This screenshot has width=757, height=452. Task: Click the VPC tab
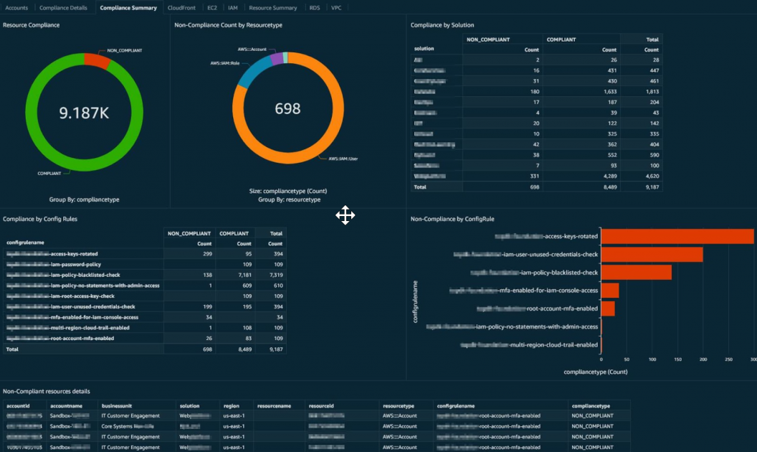click(335, 7)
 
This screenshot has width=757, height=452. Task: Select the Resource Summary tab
click(272, 7)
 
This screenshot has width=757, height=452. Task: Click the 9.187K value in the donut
click(83, 113)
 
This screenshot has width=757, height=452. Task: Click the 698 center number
click(287, 109)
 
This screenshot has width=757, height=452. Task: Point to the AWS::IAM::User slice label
click(343, 158)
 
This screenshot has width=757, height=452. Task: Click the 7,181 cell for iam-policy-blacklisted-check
click(242, 275)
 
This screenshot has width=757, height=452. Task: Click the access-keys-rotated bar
click(677, 236)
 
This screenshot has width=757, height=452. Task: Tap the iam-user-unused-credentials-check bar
click(652, 254)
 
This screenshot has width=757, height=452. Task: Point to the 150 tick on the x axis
click(677, 360)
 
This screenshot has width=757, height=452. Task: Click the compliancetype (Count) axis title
click(596, 372)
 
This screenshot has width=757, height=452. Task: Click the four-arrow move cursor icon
click(345, 215)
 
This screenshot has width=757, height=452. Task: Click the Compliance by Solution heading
click(442, 25)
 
